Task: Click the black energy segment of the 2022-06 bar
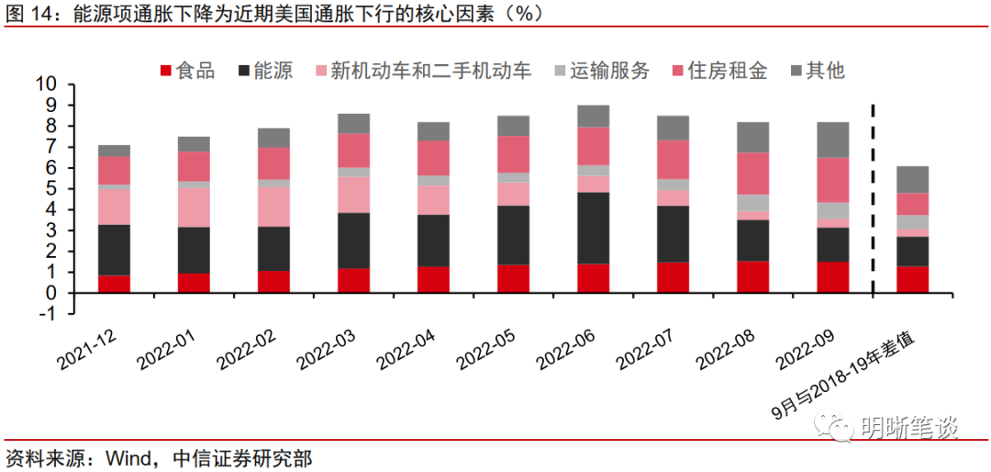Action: click(x=594, y=228)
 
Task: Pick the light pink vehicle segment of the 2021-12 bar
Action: click(x=114, y=206)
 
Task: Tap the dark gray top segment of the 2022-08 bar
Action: click(x=753, y=137)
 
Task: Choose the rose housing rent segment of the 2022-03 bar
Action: click(x=353, y=151)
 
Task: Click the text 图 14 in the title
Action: click(x=28, y=14)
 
